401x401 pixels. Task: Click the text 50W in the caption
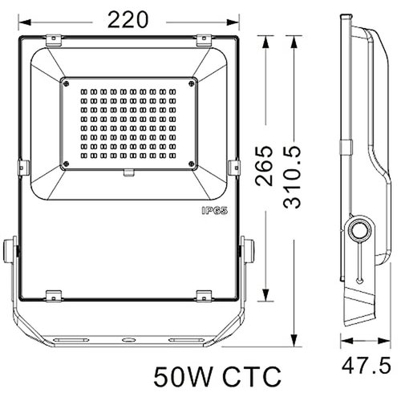tap(182, 375)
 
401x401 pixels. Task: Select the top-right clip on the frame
tap(204, 38)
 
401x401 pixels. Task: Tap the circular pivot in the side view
tap(358, 229)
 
